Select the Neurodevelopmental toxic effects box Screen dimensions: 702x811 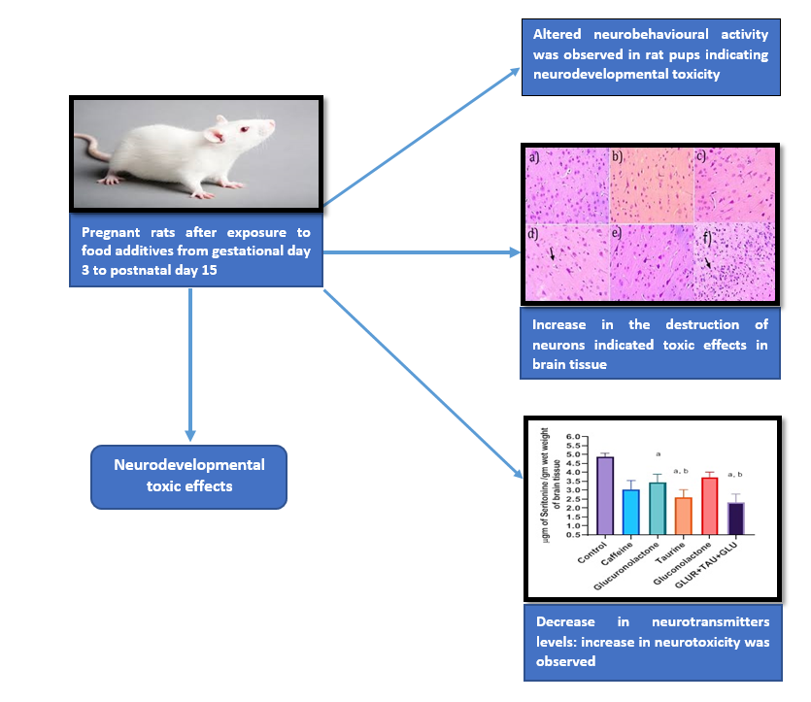tap(188, 476)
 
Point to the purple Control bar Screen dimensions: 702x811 tap(604, 495)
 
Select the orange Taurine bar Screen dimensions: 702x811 tap(683, 516)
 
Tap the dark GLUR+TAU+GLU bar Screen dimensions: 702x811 tap(735, 518)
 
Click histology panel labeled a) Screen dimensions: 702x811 tap(566, 185)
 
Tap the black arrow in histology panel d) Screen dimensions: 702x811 tap(553, 254)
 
